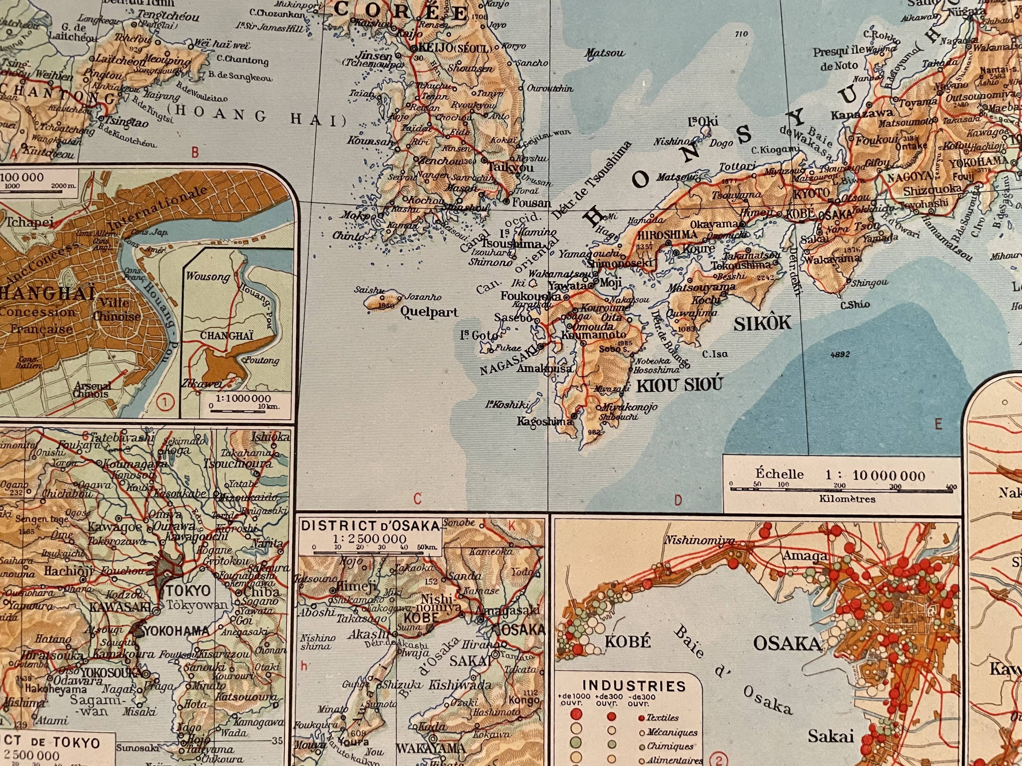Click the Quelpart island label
coord(429,312)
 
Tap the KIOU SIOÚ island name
coord(679,385)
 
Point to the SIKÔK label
coord(762,323)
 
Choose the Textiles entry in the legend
coord(662,717)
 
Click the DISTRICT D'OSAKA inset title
coord(370,525)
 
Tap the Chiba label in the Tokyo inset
coord(262,591)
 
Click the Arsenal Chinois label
coord(91,390)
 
